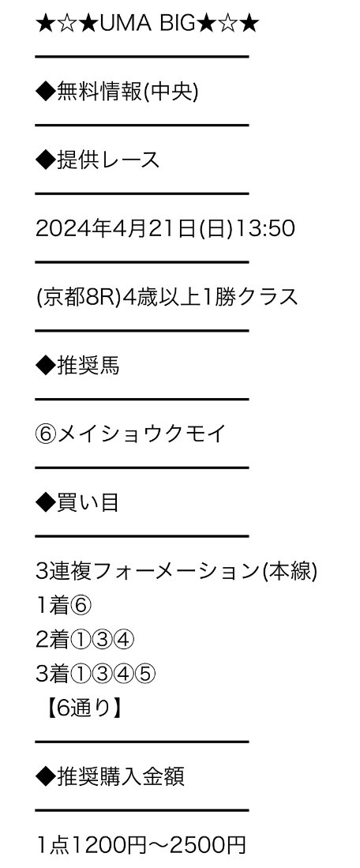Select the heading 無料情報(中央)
(x=127, y=92)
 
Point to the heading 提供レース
(x=108, y=160)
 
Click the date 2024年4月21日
(x=116, y=228)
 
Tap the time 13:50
(x=265, y=228)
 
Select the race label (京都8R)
(x=78, y=297)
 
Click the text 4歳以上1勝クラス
(x=210, y=297)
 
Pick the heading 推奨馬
(x=88, y=366)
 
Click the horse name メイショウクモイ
(x=141, y=434)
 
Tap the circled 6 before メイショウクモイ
(x=46, y=434)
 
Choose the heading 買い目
(x=88, y=502)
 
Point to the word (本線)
(x=289, y=571)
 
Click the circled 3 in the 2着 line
(x=103, y=640)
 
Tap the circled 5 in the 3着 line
(x=145, y=674)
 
